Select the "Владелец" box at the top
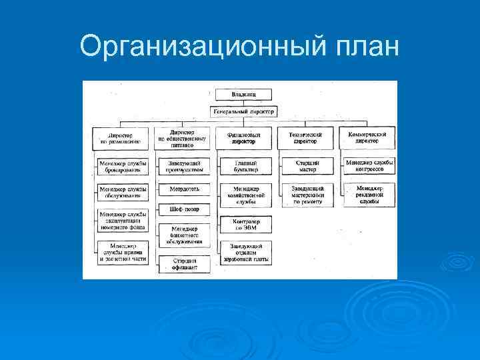point(244,94)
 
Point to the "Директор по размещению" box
point(120,138)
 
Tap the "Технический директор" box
point(305,138)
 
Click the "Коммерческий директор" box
point(367,138)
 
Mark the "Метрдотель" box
point(185,189)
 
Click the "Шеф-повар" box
point(185,209)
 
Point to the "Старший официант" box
point(185,265)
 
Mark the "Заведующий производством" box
point(185,166)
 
